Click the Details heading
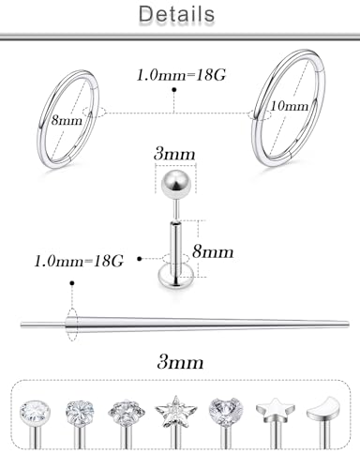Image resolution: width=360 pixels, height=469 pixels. coord(176,14)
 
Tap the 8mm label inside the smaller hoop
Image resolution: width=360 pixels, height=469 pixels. coord(67,120)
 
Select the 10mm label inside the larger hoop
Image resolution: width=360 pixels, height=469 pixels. coord(289,106)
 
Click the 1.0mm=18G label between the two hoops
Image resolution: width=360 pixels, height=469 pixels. coord(181,75)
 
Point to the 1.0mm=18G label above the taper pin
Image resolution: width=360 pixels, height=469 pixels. coord(79,261)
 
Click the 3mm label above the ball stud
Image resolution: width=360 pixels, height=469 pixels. coord(174,154)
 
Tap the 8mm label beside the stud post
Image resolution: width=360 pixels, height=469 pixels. coord(213,251)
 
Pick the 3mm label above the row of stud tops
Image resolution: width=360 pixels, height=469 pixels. coord(180,362)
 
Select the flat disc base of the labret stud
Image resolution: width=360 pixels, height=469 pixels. coord(175,279)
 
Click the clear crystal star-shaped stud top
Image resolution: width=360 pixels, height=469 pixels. coord(175,412)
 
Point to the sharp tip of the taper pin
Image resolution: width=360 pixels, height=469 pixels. coord(348,324)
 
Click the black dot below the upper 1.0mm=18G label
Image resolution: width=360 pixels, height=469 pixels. coord(174,90)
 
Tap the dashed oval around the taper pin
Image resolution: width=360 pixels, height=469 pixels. coord(72,325)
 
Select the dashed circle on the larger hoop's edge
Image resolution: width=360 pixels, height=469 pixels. coord(259,114)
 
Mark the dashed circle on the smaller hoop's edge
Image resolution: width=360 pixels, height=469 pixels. coord(95,112)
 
